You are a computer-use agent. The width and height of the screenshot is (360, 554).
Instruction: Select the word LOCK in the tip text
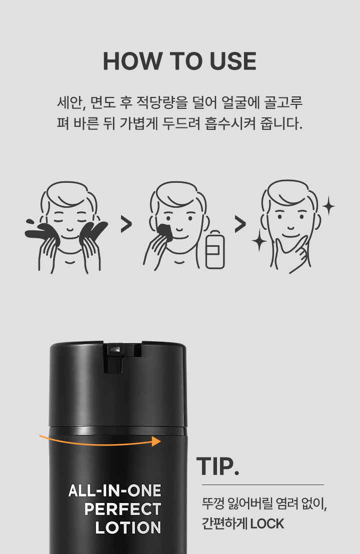267,524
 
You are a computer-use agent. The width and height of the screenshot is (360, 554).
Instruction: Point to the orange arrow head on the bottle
156,441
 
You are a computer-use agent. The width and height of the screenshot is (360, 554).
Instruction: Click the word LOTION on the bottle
128,528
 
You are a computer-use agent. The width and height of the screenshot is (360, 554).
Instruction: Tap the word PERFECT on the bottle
122,509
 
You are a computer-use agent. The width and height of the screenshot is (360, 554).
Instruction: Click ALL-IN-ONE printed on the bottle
114,491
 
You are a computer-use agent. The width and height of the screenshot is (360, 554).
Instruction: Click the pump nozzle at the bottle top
115,349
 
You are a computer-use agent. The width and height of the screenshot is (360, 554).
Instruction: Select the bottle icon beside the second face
215,249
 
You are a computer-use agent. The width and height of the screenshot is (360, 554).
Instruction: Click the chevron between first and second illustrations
126,224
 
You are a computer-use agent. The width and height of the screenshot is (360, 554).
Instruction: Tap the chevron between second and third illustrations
240,224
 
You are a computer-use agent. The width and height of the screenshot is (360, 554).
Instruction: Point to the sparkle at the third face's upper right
328,205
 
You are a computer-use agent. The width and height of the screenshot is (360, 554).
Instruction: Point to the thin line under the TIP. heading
263,485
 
